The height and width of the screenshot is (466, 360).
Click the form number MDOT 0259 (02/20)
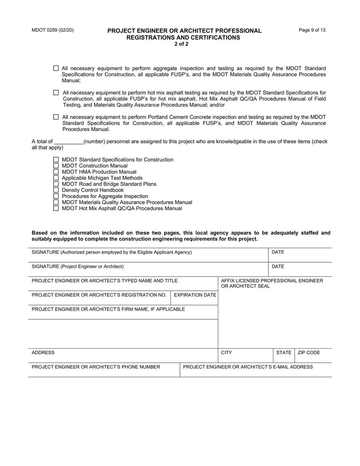[x=52, y=30]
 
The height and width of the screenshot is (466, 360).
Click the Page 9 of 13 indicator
[x=312, y=30]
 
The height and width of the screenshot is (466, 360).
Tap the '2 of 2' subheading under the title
[x=181, y=44]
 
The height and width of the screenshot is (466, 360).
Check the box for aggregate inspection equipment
[x=56, y=68]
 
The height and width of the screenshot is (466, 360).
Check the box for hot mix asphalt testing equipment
[x=56, y=93]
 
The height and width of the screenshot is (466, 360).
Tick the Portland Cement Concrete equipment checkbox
[x=56, y=117]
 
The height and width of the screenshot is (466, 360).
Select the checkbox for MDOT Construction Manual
[x=56, y=166]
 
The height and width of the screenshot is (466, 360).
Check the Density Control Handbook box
[x=56, y=190]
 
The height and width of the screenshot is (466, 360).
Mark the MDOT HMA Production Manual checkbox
[x=56, y=172]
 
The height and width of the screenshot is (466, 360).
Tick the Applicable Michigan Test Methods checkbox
[x=56, y=178]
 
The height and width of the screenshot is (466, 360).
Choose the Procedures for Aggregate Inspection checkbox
[x=56, y=196]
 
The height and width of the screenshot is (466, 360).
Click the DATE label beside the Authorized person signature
[x=278, y=252]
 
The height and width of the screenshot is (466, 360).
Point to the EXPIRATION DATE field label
[x=195, y=295]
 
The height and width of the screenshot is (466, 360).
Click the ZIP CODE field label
[x=309, y=353]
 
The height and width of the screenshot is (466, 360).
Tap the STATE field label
[x=283, y=353]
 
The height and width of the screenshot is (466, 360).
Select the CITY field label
[x=226, y=353]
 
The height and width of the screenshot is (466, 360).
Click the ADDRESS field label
[x=43, y=353]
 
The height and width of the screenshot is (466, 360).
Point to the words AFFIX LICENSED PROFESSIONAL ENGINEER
[x=272, y=281]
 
